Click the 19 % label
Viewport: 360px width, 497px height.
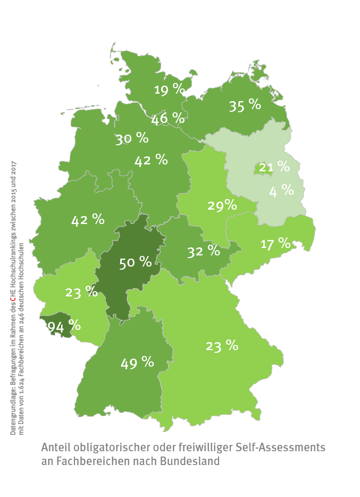tap(169, 89)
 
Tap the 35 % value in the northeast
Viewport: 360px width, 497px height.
tap(245, 105)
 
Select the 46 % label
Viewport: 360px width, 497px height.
tap(168, 118)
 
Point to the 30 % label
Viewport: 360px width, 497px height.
tap(132, 139)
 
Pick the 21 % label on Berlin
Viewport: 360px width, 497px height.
tap(274, 168)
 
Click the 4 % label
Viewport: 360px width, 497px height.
tap(281, 190)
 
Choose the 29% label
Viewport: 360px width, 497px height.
tap(222, 205)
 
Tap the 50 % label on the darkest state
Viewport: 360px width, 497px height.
tap(135, 262)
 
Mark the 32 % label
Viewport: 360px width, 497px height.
tap(203, 251)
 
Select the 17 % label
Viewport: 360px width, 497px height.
tap(275, 244)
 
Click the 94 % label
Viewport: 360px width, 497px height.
tap(64, 326)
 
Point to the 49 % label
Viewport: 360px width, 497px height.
tap(137, 363)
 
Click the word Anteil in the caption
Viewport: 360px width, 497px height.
tap(55, 447)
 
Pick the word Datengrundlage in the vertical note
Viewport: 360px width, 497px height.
tap(13, 410)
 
